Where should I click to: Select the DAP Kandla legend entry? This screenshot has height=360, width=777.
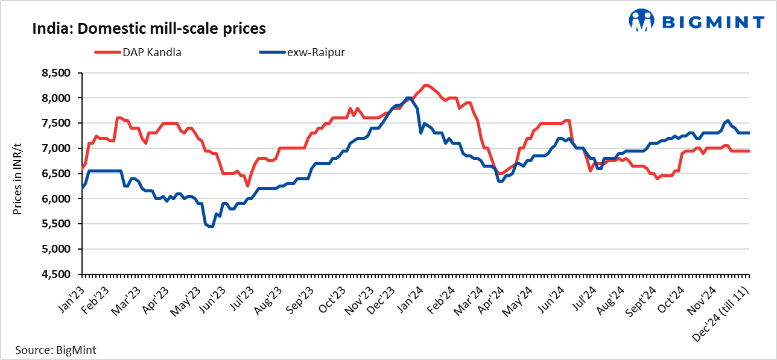click(x=138, y=52)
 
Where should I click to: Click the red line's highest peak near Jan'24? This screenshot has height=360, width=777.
click(x=425, y=85)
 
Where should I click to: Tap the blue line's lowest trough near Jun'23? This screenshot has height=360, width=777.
click(x=210, y=226)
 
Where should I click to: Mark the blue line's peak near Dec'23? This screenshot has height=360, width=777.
click(x=409, y=98)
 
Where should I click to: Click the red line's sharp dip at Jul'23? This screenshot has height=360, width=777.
click(x=247, y=186)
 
